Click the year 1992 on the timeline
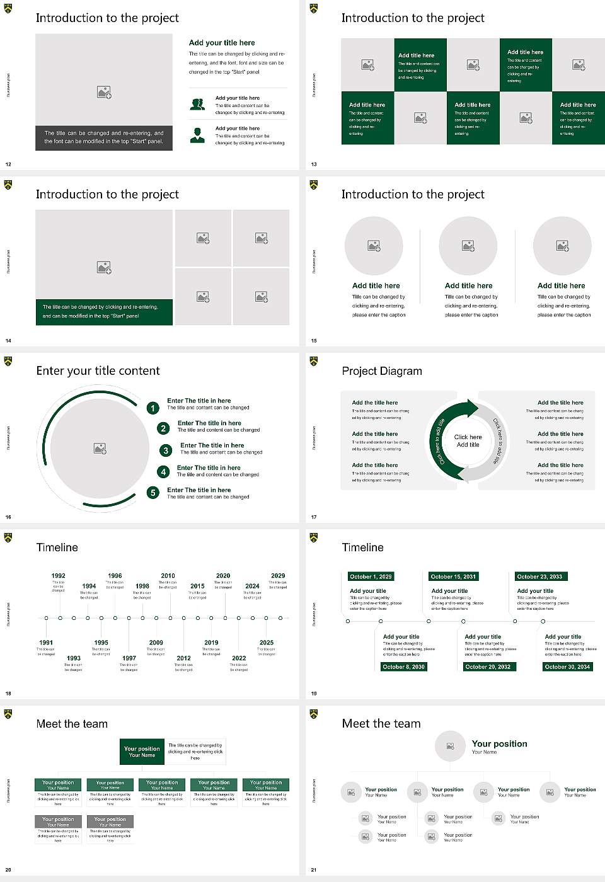pyautogui.click(x=58, y=575)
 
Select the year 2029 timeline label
pyautogui.click(x=278, y=575)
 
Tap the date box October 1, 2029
pyautogui.click(x=371, y=576)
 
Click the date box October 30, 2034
pyautogui.click(x=567, y=667)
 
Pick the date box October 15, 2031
pyautogui.click(x=453, y=576)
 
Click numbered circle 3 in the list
pyautogui.click(x=166, y=450)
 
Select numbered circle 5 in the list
pyautogui.click(x=153, y=493)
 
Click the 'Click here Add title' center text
pyautogui.click(x=468, y=440)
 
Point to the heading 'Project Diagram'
pyautogui.click(x=382, y=371)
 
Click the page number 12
pyautogui.click(x=8, y=164)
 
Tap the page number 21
pyautogui.click(x=314, y=870)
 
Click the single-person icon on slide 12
pyautogui.click(x=197, y=135)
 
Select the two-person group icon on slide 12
pyautogui.click(x=197, y=105)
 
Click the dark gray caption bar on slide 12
pyautogui.click(x=104, y=137)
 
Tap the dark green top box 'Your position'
pyautogui.click(x=142, y=752)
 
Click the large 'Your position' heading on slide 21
pyautogui.click(x=499, y=743)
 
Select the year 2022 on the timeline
pyautogui.click(x=239, y=658)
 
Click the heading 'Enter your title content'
pyautogui.click(x=98, y=371)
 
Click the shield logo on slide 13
pyautogui.click(x=314, y=9)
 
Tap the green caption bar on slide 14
pyautogui.click(x=104, y=312)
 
